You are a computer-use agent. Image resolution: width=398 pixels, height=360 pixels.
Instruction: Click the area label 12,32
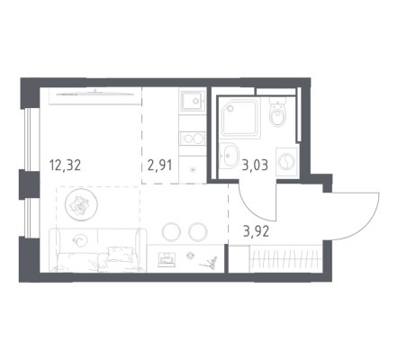click(x=65, y=166)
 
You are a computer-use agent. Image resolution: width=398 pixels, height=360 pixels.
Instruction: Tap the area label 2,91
click(x=160, y=166)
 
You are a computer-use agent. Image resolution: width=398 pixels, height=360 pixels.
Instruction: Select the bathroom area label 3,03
click(x=255, y=165)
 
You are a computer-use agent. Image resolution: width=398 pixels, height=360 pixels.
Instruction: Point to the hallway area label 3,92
click(x=256, y=231)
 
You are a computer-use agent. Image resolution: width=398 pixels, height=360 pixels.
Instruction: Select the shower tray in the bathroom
click(x=240, y=118)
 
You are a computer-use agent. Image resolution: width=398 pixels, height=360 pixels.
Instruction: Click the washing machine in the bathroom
click(x=287, y=163)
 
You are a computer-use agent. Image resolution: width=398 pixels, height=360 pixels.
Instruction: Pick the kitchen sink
click(x=193, y=101)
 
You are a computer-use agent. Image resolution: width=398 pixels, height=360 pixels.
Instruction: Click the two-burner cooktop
click(x=193, y=139)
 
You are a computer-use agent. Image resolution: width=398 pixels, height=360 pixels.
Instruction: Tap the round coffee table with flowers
click(x=81, y=205)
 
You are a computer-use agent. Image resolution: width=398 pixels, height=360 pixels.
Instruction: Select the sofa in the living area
click(x=98, y=250)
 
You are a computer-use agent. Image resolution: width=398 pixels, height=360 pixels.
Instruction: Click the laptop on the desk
click(x=167, y=259)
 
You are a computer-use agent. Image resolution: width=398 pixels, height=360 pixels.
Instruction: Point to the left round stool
click(x=171, y=231)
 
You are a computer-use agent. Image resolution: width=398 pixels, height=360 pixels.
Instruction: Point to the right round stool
click(x=198, y=231)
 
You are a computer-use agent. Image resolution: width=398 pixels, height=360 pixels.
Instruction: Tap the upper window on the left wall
click(x=30, y=139)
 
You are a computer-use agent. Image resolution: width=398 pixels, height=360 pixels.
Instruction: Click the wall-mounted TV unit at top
click(x=95, y=95)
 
